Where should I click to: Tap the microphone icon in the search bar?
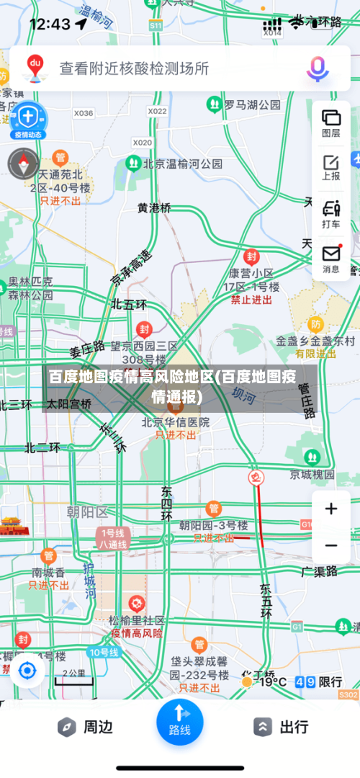coord(317,68)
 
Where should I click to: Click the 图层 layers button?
coord(331,122)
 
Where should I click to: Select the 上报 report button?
coord(331,166)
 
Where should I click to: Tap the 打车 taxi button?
coord(331,214)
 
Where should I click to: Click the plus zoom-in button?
coord(331,509)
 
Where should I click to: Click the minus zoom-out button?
coord(331,545)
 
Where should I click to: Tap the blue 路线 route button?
coord(179,721)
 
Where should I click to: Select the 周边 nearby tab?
coord(86,727)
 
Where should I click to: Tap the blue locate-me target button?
coord(27,671)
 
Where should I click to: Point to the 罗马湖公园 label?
coord(251,105)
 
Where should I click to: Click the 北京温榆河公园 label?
coord(182,164)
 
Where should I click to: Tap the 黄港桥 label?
coord(155,207)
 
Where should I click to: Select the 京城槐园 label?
coord(312,474)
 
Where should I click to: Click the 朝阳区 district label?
coord(86,512)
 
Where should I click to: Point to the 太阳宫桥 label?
coord(69,404)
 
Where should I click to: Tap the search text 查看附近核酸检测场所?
coord(134,68)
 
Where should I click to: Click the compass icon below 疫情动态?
coord(23,164)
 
